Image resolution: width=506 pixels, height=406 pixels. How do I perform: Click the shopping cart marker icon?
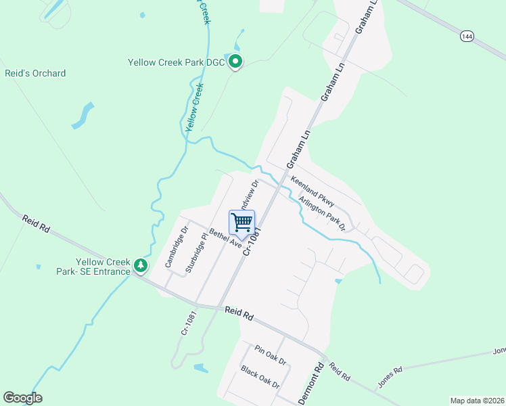click(241, 222)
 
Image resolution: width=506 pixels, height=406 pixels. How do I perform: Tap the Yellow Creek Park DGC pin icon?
click(235, 62)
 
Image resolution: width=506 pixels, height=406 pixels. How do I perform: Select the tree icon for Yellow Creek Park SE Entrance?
click(141, 265)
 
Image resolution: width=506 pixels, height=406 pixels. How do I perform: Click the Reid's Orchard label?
click(35, 73)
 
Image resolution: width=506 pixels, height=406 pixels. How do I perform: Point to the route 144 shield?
click(467, 37)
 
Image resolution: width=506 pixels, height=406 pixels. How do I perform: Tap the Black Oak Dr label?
click(260, 377)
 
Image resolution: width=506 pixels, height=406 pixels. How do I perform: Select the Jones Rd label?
click(390, 377)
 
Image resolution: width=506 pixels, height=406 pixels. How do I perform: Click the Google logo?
click(22, 398)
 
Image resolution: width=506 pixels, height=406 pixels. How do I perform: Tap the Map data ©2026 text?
click(477, 401)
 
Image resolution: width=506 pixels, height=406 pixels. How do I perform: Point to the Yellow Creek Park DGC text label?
click(176, 63)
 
